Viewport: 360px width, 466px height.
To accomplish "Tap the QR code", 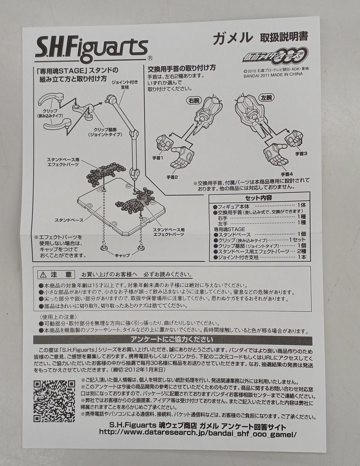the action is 55,401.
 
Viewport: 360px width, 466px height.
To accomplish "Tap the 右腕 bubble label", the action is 194,100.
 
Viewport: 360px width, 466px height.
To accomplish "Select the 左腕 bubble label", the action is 266,98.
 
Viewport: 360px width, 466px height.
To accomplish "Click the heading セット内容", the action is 258,197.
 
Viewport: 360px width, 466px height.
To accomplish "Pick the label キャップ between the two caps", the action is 122,255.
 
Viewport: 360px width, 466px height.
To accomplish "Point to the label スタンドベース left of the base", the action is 69,220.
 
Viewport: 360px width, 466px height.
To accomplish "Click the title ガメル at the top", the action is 233,38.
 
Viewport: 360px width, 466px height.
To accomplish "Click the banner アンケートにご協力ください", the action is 172,339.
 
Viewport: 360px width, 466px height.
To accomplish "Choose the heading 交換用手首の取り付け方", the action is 182,68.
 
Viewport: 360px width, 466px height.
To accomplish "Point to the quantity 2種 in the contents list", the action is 301,251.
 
